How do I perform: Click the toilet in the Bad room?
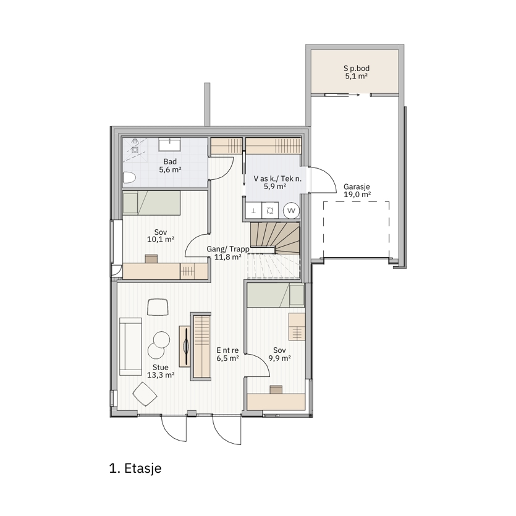[x=129, y=178]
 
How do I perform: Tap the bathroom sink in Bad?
[x=169, y=145]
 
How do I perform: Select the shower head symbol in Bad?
[x=135, y=141]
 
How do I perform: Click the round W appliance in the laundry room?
[x=291, y=211]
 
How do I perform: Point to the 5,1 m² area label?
[x=357, y=77]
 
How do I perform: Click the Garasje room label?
[x=357, y=187]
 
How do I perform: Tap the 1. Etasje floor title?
[x=135, y=468]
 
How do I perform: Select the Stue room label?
[x=161, y=367]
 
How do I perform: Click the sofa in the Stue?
[x=130, y=346]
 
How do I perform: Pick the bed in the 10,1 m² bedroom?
[x=151, y=203]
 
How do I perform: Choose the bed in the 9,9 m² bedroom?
[x=276, y=295]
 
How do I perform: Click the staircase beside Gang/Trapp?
[x=275, y=250]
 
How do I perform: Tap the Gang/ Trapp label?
[x=228, y=249]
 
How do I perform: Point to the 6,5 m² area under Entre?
[x=228, y=358]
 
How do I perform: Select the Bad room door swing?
[x=222, y=169]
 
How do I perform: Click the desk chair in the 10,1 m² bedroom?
[x=151, y=259]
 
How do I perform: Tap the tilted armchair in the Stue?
[x=145, y=394]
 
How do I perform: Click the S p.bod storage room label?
[x=357, y=69]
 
